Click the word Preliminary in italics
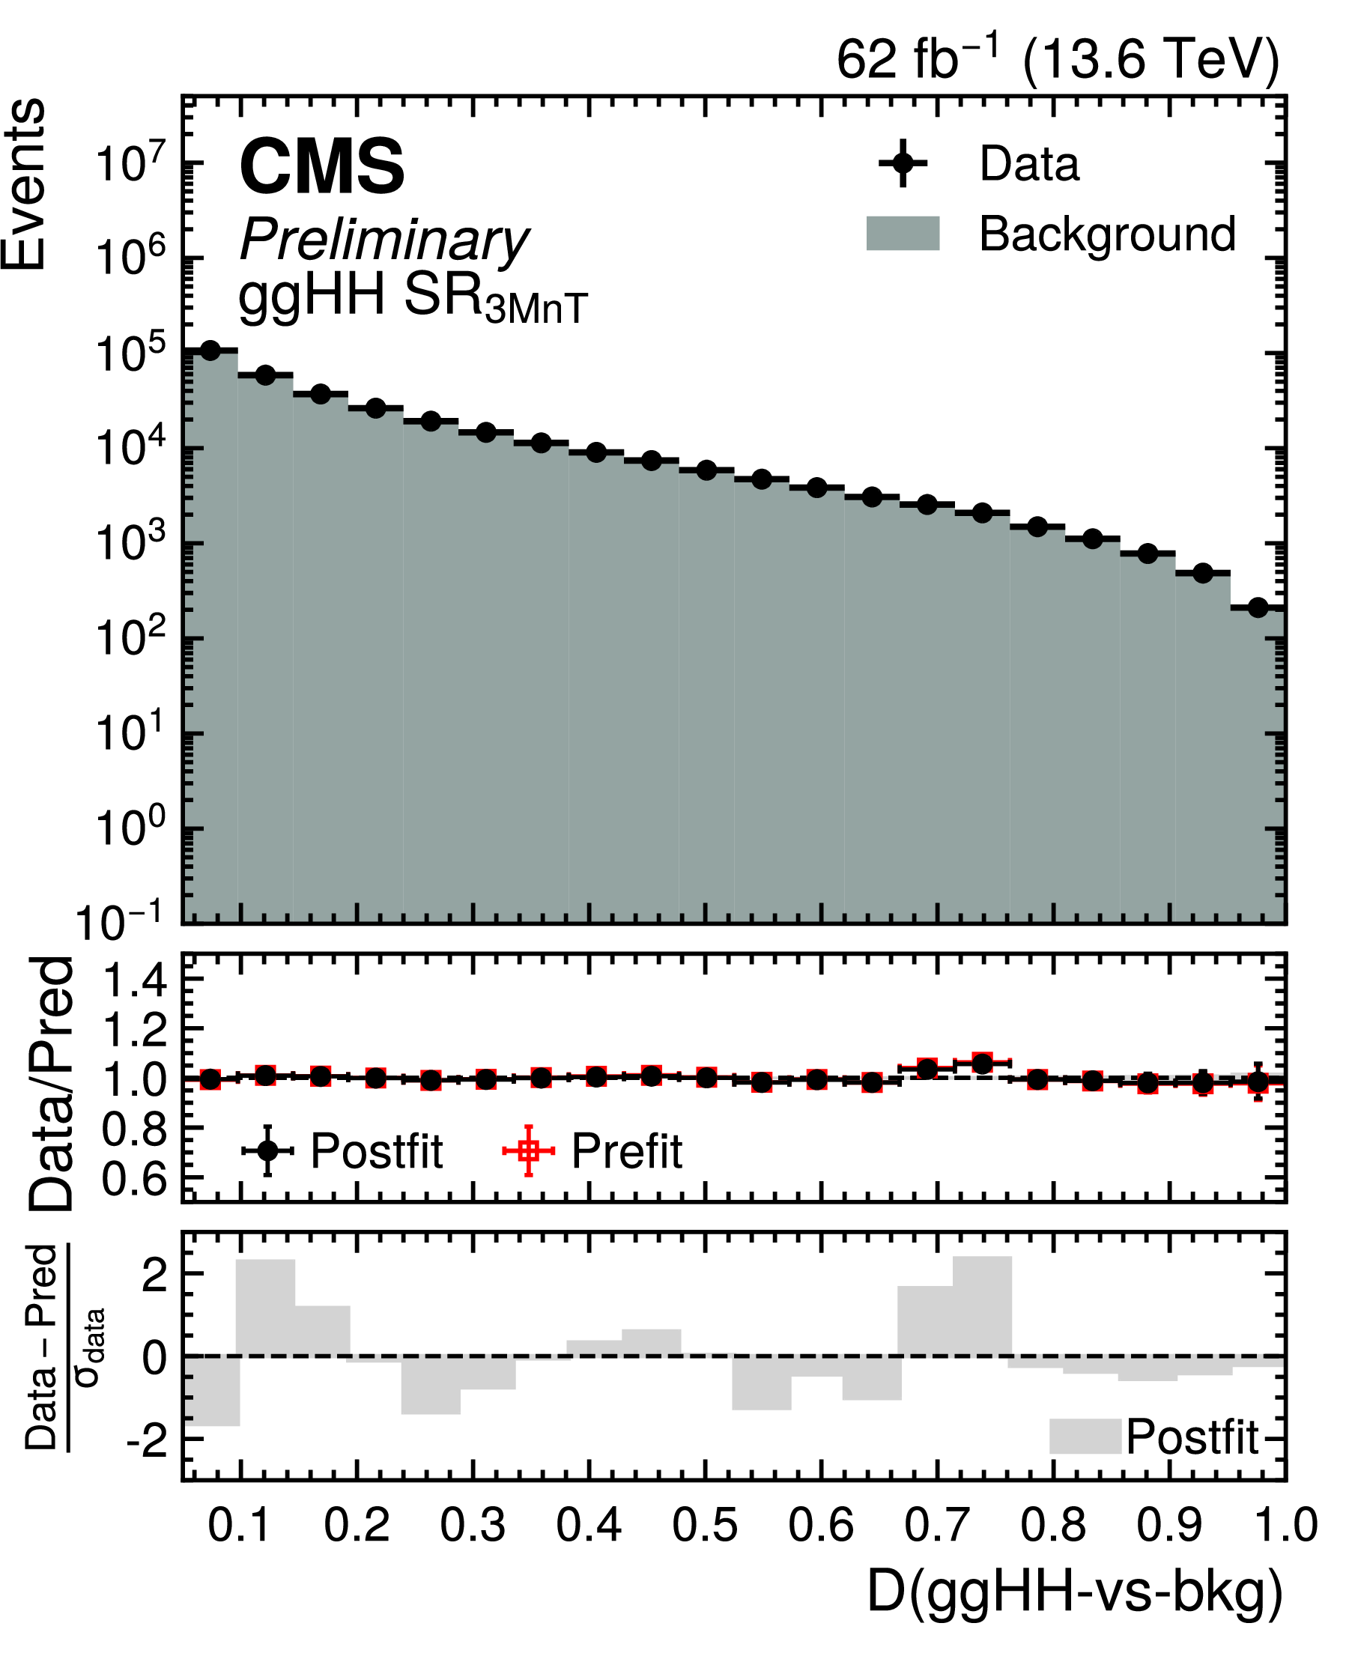point(384,239)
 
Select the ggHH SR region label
point(412,299)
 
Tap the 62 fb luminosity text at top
point(1057,59)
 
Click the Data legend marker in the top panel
point(902,163)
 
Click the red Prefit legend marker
point(528,1150)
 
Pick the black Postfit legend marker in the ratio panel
point(267,1150)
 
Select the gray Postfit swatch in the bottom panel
point(1085,1437)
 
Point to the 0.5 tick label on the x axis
point(704,1525)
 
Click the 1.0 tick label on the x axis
point(1286,1525)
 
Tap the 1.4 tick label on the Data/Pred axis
point(134,980)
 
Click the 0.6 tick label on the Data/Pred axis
point(134,1179)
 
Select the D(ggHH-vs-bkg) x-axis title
point(1075,1593)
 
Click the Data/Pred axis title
point(53,1083)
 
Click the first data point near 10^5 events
point(210,351)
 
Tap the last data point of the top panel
point(1258,607)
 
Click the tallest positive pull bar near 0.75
point(982,1306)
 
